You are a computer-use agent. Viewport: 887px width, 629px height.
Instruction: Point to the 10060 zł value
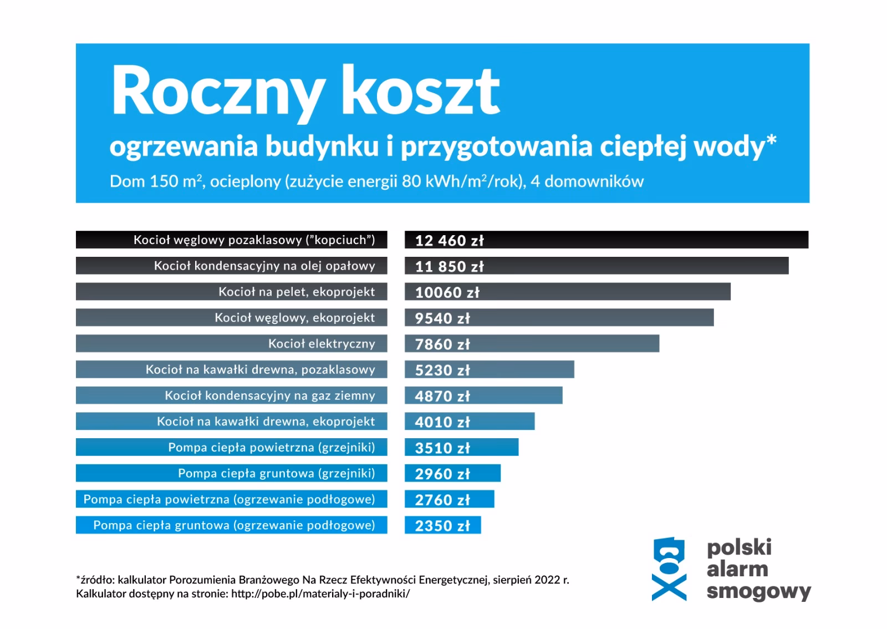point(447,292)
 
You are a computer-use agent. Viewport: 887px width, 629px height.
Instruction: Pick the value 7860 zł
point(442,344)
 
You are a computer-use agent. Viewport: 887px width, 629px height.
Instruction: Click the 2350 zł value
point(442,525)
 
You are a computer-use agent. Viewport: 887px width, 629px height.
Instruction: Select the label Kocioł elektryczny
point(322,344)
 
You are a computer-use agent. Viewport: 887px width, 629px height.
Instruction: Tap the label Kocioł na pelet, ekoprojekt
point(297,292)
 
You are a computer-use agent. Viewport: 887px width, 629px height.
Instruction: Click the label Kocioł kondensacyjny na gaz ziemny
point(270,395)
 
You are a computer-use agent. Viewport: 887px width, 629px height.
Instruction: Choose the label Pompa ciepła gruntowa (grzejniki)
point(276,473)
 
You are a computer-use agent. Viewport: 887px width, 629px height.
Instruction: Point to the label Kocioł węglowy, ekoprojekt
point(295,318)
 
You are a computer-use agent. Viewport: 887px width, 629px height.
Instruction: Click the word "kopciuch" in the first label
point(340,240)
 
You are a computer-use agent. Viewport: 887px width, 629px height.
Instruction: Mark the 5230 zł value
point(442,370)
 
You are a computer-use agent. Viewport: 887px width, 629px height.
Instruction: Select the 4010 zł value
point(442,422)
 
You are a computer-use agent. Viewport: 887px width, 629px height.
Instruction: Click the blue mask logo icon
point(669,569)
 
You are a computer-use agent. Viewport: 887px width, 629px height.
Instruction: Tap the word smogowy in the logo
point(758,592)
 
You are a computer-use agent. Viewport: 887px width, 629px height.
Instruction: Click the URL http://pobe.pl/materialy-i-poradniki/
point(320,594)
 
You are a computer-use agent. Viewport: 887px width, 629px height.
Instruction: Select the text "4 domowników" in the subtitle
point(587,181)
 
